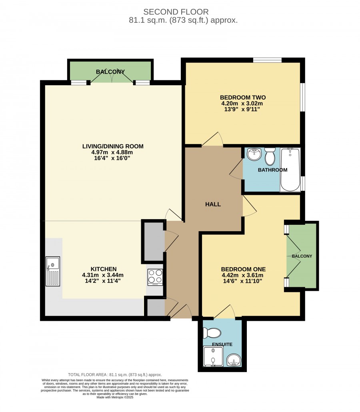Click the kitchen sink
[53, 271]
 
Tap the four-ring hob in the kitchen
[155, 277]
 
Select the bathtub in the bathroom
[290, 170]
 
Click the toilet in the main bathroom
[270, 156]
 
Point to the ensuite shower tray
[213, 356]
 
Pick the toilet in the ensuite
[212, 333]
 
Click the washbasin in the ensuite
[234, 360]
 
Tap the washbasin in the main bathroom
[254, 154]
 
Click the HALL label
[213, 204]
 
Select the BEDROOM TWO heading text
[243, 98]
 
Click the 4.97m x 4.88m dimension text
[112, 152]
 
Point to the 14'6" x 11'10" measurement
[242, 281]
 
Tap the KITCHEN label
[104, 269]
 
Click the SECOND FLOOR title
[176, 12]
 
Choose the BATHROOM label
[272, 170]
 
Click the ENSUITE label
[222, 344]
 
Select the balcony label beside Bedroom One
[302, 256]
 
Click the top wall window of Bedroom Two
[267, 60]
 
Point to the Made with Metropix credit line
[115, 397]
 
